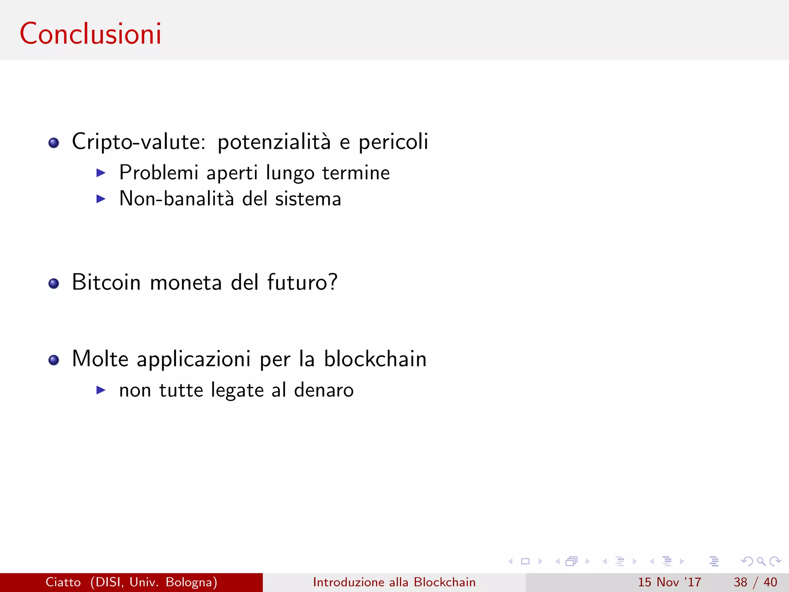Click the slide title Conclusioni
[91, 34]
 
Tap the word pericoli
[393, 142]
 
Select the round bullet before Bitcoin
[54, 284]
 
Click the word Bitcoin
[106, 282]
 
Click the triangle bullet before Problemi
[101, 173]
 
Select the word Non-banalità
[176, 199]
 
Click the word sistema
[308, 199]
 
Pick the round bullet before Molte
[54, 360]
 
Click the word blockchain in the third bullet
[375, 359]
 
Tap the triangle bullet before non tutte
[101, 390]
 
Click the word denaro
[324, 390]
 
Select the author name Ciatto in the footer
[63, 582]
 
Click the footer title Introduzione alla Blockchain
[394, 582]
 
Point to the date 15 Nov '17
[669, 582]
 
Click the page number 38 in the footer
[740, 582]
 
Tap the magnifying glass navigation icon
[761, 561]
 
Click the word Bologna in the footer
[191, 582]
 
